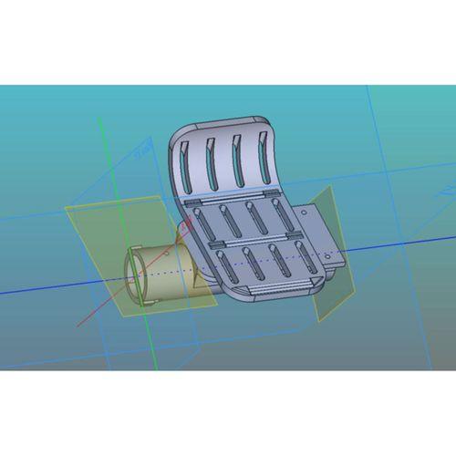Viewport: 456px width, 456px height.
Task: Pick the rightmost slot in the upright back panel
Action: click(264, 155)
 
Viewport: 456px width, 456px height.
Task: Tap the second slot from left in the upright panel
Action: click(212, 162)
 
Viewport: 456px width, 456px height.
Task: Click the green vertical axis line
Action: click(107, 164)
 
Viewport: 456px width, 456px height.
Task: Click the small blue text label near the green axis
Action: click(142, 154)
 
